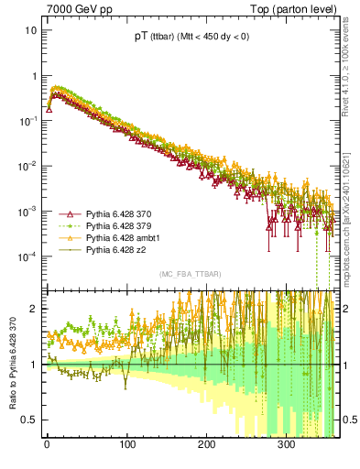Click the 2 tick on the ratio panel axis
coord(34,309)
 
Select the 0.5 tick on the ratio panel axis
coord(30,420)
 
